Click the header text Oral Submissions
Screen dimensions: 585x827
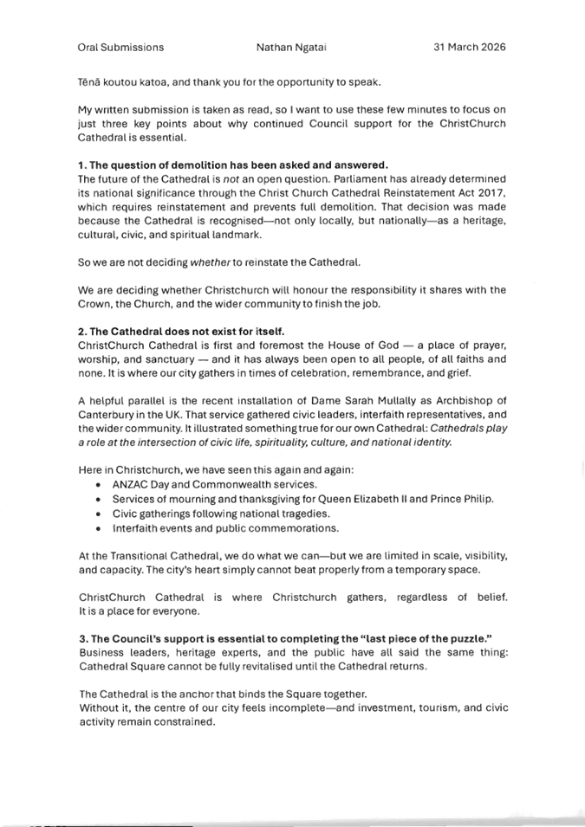[x=120, y=48]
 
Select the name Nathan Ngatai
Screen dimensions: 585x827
[x=291, y=48]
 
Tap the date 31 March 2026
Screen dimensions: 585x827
[x=470, y=47]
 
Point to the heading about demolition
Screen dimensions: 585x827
[x=233, y=165]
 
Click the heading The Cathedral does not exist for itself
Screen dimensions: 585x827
[x=181, y=332]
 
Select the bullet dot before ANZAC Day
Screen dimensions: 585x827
[x=98, y=485]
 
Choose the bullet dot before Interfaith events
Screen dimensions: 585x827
[x=98, y=528]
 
